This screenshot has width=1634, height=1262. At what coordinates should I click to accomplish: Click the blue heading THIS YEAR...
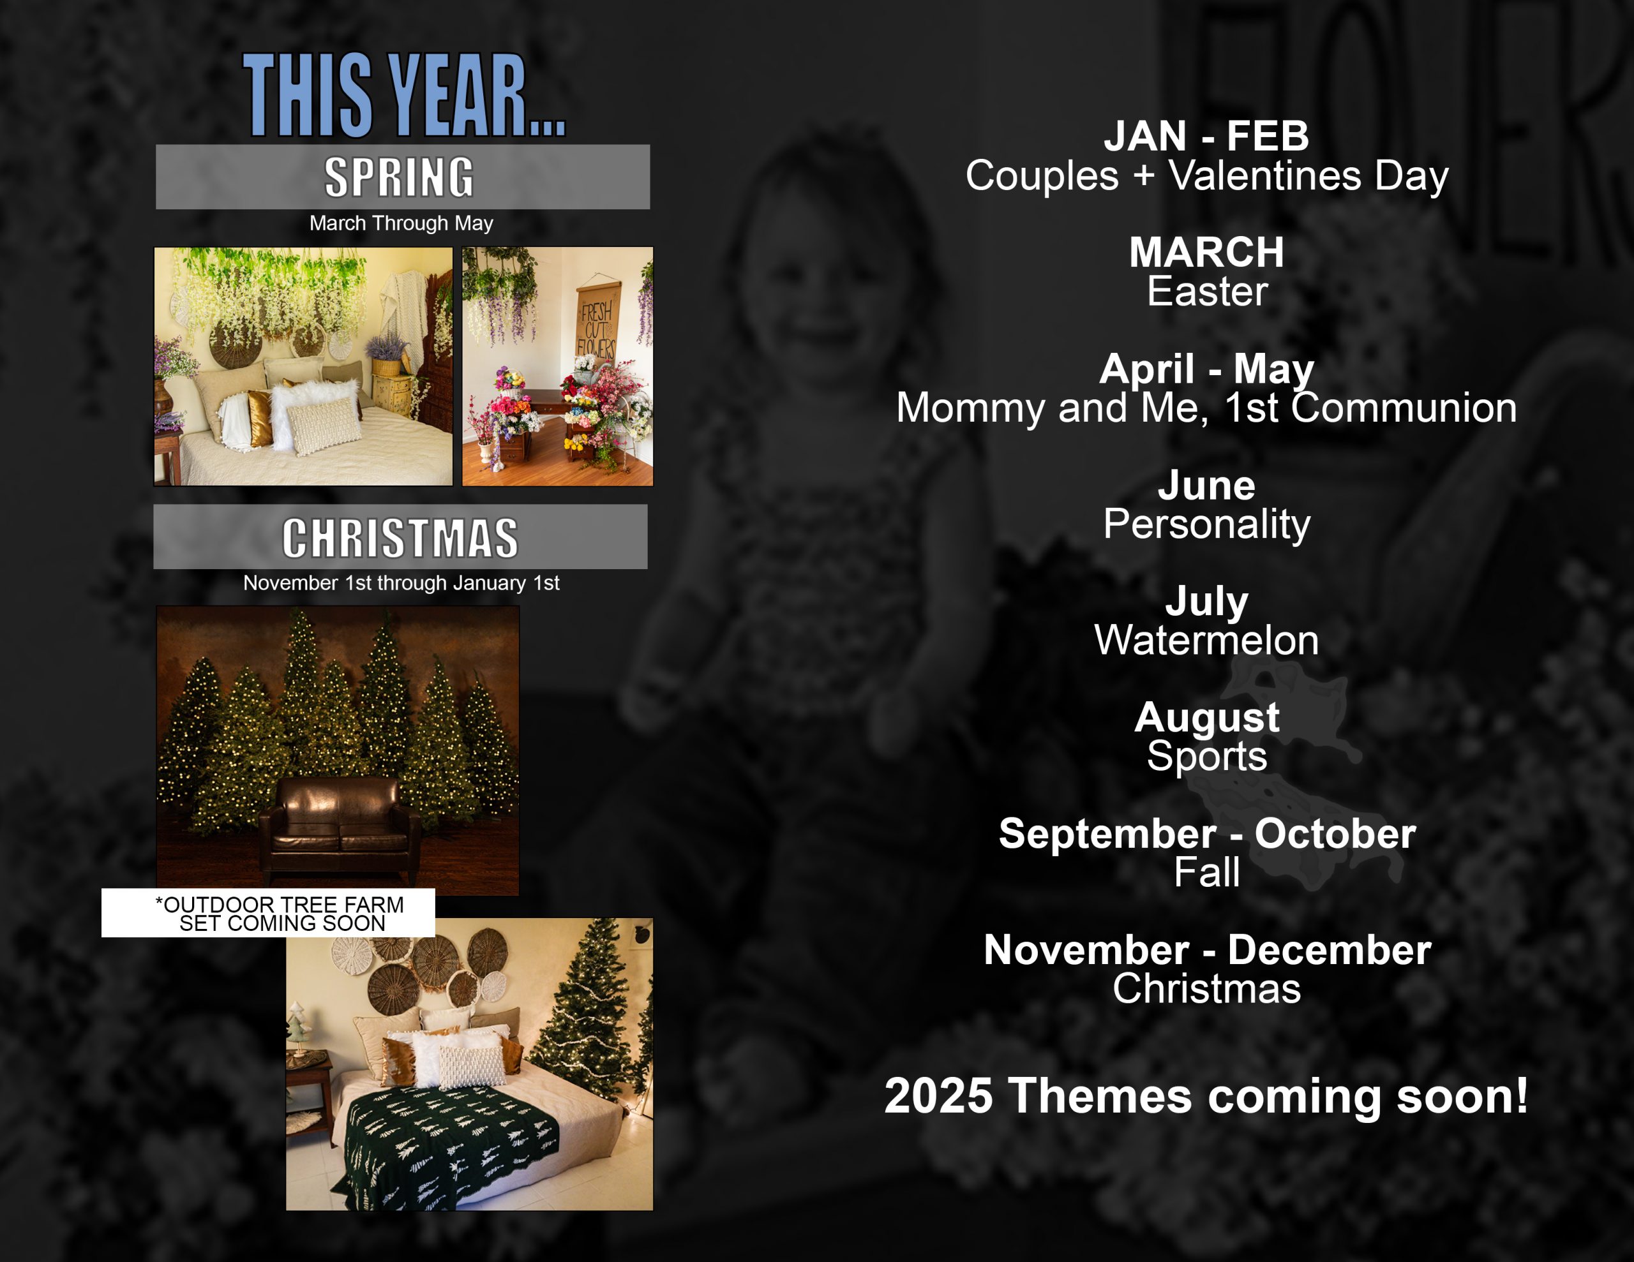pos(404,95)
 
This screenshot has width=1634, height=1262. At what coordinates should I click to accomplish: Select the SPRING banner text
pos(400,177)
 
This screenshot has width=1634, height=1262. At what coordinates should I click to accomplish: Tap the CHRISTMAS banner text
pos(400,538)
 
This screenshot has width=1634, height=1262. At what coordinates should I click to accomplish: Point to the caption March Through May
pos(401,223)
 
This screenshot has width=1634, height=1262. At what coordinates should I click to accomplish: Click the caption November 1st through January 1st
pos(401,583)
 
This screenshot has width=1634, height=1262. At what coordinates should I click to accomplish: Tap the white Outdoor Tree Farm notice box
pos(269,912)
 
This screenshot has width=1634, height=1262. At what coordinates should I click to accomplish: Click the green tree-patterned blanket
pos(449,1148)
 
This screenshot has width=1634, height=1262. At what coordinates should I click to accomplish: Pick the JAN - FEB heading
pos(1206,136)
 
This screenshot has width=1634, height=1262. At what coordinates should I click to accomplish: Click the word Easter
pos(1208,291)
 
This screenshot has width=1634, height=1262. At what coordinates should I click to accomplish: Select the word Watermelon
pos(1207,641)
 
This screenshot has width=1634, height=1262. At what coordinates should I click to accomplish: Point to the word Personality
pos(1207,524)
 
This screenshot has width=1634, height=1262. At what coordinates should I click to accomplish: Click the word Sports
pos(1207,757)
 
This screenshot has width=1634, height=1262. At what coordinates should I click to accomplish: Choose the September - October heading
pos(1207,833)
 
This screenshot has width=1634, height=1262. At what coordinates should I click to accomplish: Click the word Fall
pos(1207,872)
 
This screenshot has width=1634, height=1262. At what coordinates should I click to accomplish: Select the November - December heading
pos(1207,950)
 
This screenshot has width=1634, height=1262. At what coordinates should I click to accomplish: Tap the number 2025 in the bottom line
pos(938,1096)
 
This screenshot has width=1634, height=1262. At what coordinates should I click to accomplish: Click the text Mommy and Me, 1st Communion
pos(1207,408)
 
